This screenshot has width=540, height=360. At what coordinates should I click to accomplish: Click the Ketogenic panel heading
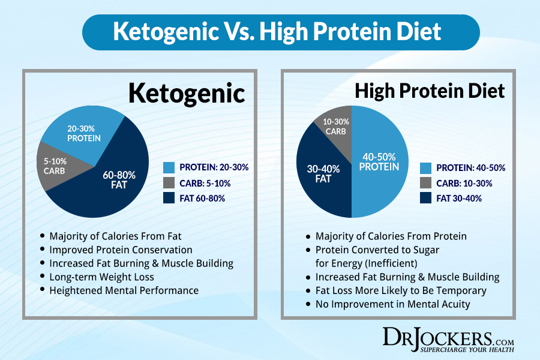pos(187,94)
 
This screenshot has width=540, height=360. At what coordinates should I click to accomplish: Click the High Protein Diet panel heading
pos(430,91)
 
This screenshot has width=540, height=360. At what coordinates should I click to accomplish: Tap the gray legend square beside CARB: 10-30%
pos(425,182)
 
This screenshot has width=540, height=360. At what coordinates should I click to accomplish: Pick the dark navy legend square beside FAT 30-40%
pos(425,197)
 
